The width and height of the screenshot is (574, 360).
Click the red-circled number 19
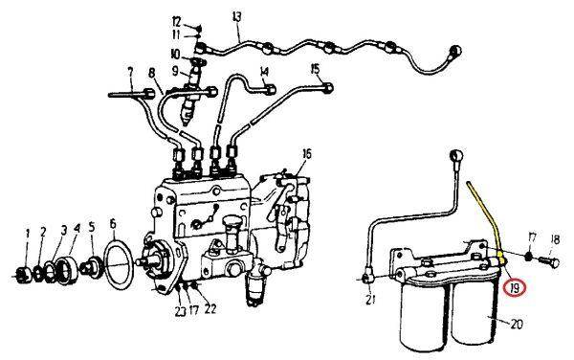515,288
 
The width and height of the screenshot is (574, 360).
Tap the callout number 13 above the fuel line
237,17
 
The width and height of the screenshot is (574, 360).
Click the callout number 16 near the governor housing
307,154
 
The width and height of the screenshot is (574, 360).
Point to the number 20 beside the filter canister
517,324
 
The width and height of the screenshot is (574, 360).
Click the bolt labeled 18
549,261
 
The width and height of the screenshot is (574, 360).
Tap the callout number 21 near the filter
370,300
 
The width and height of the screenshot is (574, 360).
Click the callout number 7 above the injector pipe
131,73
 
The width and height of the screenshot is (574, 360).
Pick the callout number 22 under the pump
210,309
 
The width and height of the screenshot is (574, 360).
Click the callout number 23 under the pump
180,311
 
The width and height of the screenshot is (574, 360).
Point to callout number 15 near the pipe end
315,69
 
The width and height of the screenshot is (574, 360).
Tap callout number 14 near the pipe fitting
264,72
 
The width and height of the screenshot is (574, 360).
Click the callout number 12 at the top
176,22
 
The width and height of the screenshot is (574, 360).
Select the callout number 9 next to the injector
175,71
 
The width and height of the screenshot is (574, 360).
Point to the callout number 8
152,75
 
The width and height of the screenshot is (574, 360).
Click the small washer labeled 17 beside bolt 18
529,257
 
